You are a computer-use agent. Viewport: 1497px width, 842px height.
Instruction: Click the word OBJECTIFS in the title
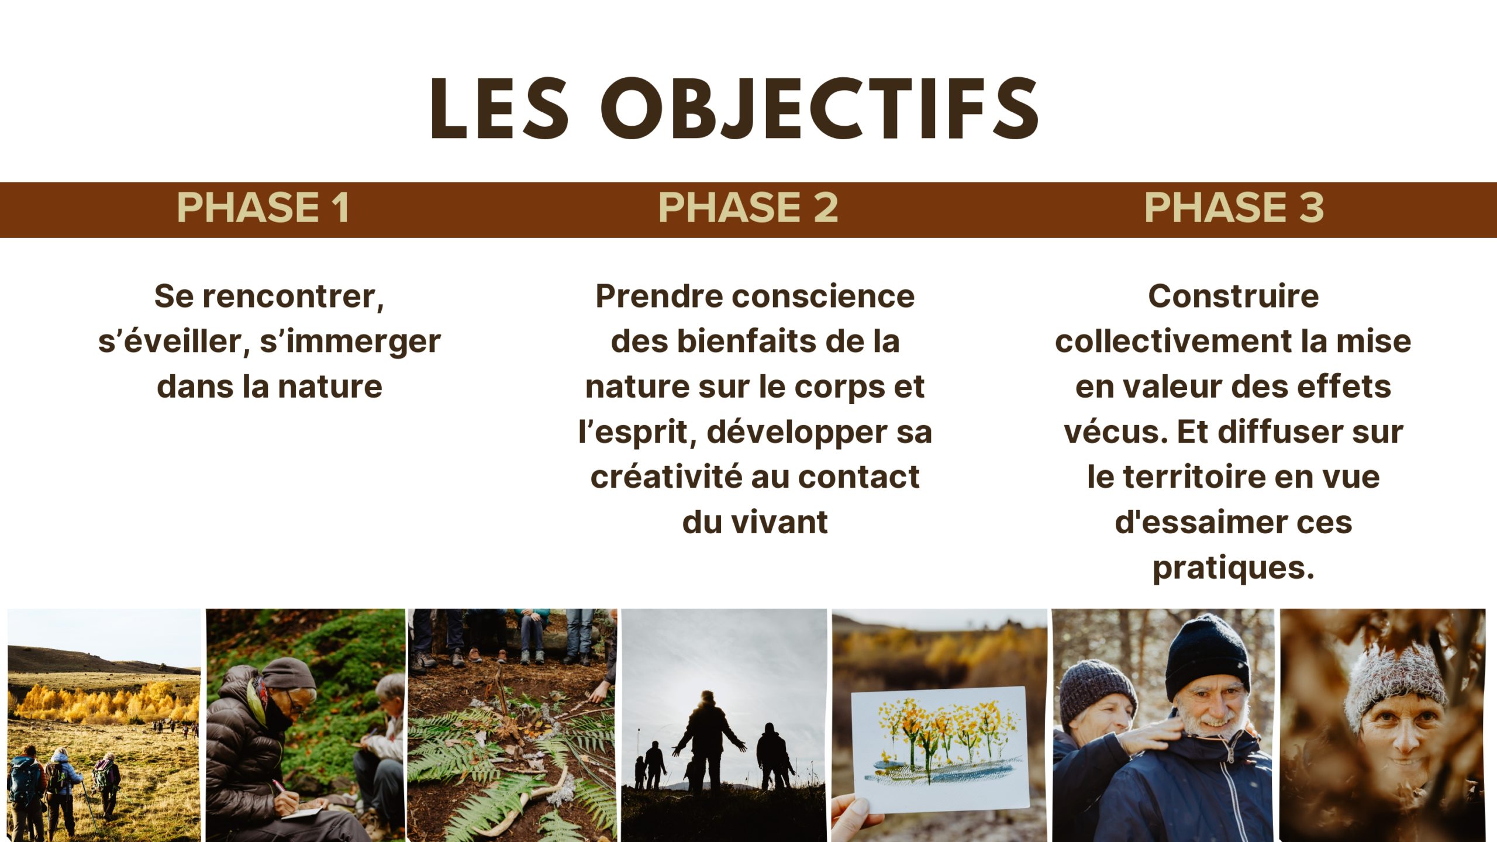pyautogui.click(x=819, y=109)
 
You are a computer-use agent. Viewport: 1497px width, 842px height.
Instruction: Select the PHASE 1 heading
pyautogui.click(x=263, y=208)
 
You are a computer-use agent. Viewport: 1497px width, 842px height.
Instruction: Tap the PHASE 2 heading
pyautogui.click(x=748, y=208)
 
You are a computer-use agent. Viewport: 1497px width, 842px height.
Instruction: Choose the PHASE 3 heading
pyautogui.click(x=1234, y=208)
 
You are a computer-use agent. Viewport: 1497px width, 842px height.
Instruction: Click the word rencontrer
pyautogui.click(x=293, y=296)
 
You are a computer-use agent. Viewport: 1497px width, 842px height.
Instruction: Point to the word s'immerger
pyautogui.click(x=350, y=342)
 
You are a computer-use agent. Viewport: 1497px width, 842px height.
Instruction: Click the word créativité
pyautogui.click(x=667, y=477)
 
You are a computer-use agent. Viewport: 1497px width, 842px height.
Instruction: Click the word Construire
pyautogui.click(x=1233, y=296)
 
